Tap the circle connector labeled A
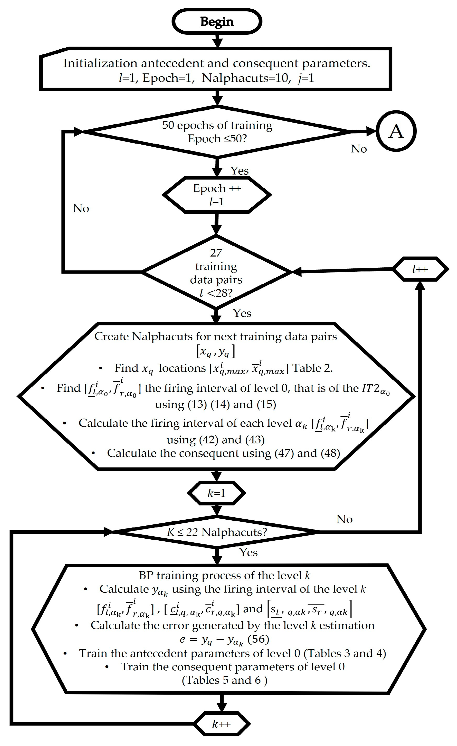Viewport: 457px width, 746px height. (x=396, y=131)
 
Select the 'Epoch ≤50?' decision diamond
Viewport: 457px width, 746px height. (x=217, y=132)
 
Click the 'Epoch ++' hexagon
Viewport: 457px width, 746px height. (x=217, y=195)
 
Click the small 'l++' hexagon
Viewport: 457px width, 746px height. (x=420, y=269)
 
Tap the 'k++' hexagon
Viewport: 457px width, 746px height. (x=221, y=724)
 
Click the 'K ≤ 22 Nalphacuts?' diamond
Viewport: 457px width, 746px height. (x=217, y=532)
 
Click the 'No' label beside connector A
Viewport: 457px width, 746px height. (x=358, y=149)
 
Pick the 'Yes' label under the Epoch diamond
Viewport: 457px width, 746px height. (x=239, y=171)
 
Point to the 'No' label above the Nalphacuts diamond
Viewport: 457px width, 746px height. (x=344, y=519)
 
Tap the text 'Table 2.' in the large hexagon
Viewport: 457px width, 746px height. (x=312, y=368)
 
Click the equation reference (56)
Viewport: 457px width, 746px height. (x=258, y=639)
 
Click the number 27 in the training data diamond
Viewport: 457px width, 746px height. (x=216, y=253)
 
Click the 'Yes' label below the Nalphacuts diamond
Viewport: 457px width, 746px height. (x=248, y=553)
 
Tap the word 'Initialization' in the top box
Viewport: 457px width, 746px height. (x=100, y=63)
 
